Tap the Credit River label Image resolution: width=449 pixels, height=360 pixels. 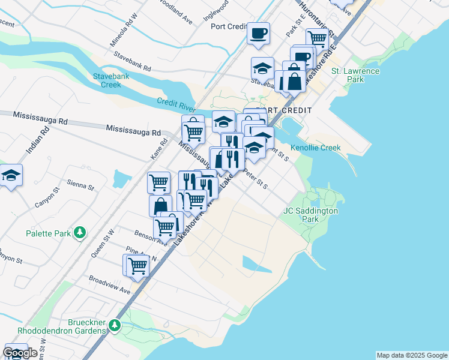pos(176,103)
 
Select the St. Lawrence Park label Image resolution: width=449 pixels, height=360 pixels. pos(355,75)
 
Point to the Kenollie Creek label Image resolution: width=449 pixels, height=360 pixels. pos(315,148)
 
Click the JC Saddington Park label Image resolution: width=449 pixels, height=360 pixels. pos(310,215)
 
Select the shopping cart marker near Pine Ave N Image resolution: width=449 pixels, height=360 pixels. pos(136,265)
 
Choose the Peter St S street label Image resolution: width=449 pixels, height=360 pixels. pos(256,179)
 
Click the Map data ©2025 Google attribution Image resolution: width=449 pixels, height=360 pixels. pos(412,355)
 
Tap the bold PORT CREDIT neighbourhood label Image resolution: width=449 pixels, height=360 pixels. pos(283,111)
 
